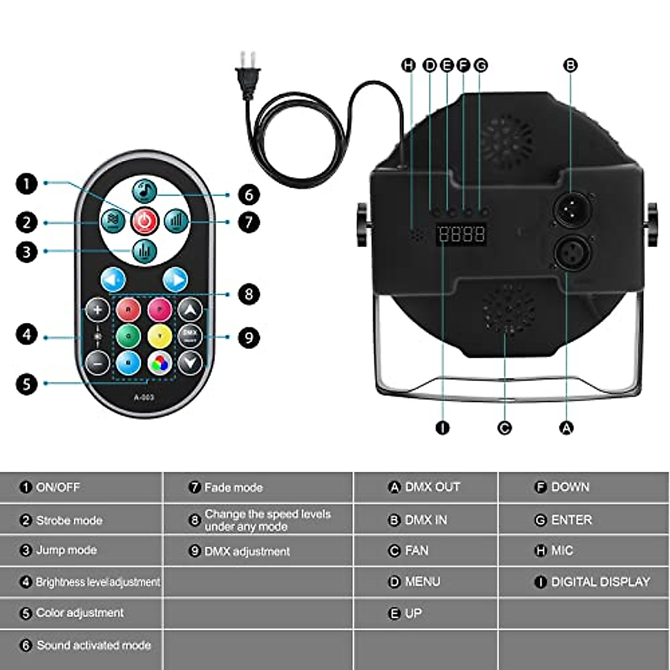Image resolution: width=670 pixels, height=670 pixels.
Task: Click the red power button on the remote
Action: click(x=145, y=221)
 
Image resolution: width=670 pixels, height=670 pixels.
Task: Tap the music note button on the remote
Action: click(x=145, y=191)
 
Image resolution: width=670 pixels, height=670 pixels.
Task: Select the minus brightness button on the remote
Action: click(x=98, y=362)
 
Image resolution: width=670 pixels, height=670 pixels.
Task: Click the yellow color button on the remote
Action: click(x=160, y=336)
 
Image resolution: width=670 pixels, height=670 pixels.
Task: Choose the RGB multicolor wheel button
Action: click(x=160, y=363)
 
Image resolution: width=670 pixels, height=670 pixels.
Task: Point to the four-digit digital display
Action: click(x=461, y=233)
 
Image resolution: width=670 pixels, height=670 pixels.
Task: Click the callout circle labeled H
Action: click(x=409, y=65)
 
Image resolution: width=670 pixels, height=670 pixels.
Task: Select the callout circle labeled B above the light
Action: click(x=570, y=65)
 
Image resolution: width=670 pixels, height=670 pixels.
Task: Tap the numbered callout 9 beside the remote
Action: click(x=249, y=337)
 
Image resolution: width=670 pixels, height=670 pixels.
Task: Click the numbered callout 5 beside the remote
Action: click(x=26, y=384)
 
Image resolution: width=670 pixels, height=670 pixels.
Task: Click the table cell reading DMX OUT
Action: click(x=425, y=487)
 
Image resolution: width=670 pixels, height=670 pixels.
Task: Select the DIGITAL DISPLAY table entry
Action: click(x=593, y=582)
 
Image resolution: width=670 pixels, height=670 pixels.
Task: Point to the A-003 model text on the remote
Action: click(x=144, y=398)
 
